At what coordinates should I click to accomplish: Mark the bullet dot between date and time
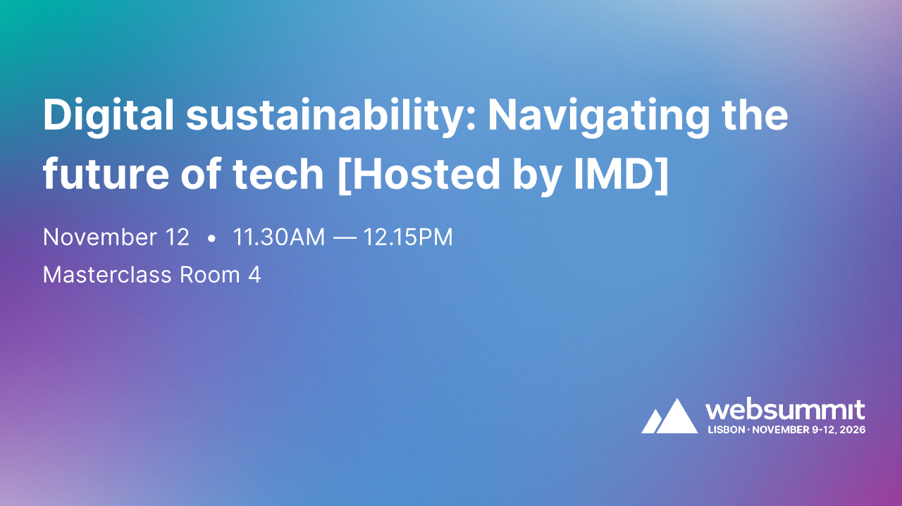211,239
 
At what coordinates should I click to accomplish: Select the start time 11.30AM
279,237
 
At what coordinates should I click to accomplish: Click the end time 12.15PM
408,237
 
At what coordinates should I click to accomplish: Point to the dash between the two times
345,238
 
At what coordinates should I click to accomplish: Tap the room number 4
254,275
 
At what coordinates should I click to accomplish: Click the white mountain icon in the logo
669,416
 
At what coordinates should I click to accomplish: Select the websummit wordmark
785,409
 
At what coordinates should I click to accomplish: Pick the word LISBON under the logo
726,429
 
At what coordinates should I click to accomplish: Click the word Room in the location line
210,275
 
